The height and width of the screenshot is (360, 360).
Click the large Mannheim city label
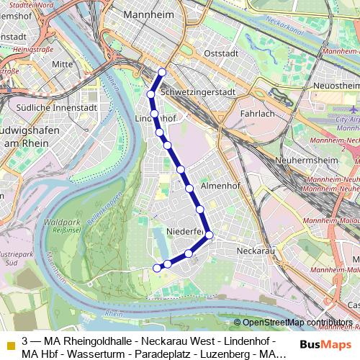click(x=153, y=14)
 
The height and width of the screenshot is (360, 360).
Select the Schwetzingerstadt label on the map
click(x=199, y=93)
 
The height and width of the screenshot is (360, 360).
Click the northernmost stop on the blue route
click(x=163, y=72)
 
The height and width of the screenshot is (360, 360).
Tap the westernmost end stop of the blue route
click(x=156, y=268)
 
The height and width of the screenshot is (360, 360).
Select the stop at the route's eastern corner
click(x=210, y=235)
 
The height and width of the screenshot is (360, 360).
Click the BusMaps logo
click(x=325, y=343)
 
